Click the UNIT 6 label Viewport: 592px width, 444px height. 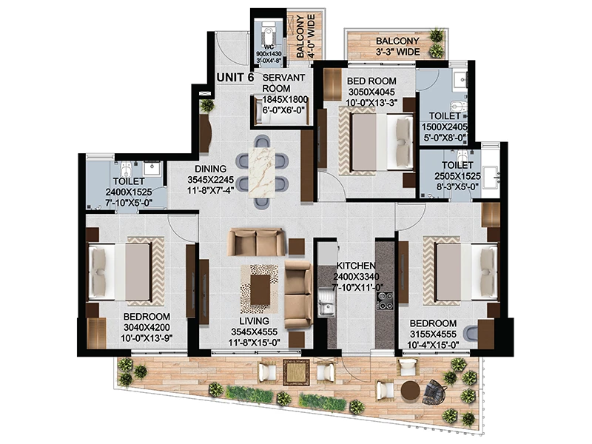(x=235, y=78)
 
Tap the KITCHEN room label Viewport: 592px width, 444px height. (x=356, y=266)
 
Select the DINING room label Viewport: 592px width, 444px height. (x=210, y=169)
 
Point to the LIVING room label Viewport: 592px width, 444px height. (x=254, y=321)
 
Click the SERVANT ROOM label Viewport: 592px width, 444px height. (x=283, y=83)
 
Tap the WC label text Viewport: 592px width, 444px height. (x=269, y=47)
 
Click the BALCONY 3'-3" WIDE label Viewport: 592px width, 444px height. (x=397, y=46)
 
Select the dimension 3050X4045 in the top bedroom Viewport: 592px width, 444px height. (x=371, y=92)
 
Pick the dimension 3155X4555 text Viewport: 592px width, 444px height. (x=433, y=334)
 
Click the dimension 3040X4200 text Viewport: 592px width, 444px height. (x=147, y=327)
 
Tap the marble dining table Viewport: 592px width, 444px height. (x=261, y=172)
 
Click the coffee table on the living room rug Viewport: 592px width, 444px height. (x=260, y=289)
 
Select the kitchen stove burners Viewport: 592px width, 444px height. (x=385, y=301)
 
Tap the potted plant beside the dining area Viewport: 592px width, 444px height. (x=207, y=106)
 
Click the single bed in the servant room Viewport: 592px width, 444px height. (x=281, y=110)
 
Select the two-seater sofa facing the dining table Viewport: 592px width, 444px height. (x=256, y=242)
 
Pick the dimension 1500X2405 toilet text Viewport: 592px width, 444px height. (x=445, y=127)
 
